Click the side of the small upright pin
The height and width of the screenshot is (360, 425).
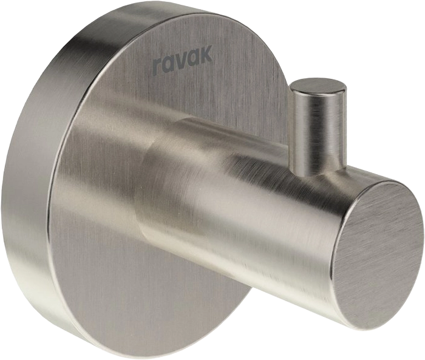click(317, 130)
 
